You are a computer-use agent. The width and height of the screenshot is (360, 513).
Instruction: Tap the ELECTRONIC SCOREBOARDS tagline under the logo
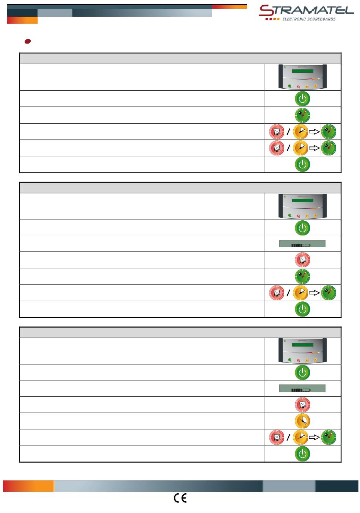[x=309, y=19]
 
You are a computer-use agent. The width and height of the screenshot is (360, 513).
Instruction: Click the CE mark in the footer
[x=180, y=498]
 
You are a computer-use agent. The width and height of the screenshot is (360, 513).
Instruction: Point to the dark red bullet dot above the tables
[x=27, y=41]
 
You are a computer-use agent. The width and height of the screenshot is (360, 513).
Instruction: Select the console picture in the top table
[x=302, y=77]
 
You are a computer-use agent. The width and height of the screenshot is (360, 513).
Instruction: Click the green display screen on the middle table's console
[x=302, y=200]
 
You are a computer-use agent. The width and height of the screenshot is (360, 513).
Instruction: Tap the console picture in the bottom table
[x=302, y=351]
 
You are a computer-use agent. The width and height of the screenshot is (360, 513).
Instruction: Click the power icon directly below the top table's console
[x=302, y=99]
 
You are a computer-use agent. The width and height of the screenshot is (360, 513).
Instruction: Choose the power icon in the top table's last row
[x=302, y=164]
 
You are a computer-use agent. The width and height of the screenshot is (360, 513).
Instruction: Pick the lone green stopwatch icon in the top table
[x=302, y=115]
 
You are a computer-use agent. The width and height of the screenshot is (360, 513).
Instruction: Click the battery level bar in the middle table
[x=302, y=244]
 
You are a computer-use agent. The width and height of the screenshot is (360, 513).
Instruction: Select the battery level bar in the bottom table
[x=302, y=388]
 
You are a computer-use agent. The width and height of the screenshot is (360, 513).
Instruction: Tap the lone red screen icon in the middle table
[x=302, y=260]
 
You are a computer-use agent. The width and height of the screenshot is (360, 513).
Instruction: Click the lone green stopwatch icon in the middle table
[x=302, y=276]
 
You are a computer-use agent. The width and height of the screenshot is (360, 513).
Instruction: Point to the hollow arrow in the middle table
[x=314, y=293]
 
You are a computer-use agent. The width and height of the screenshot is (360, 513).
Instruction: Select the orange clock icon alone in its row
[x=302, y=420]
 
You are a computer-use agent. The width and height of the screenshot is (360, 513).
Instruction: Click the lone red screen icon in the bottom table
[x=302, y=405]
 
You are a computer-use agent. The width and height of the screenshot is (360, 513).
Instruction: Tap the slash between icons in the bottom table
[x=288, y=437]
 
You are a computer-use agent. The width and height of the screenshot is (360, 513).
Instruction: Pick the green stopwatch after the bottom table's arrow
[x=328, y=437]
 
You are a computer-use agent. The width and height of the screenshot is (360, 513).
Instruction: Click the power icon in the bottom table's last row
[x=302, y=453]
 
